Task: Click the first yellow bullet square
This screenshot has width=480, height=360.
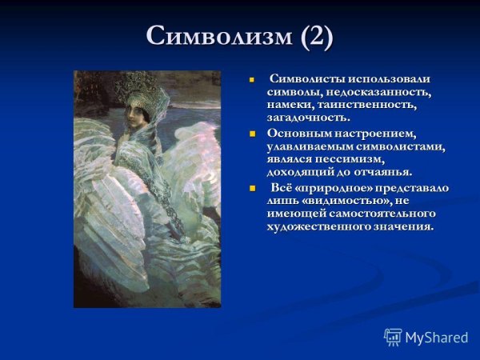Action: [x=250, y=80]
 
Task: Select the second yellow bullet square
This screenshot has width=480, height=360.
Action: [x=250, y=133]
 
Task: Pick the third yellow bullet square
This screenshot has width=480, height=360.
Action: [x=250, y=187]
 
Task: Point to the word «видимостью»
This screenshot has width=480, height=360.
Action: [x=345, y=200]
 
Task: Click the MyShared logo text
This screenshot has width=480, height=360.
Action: [x=436, y=337]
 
